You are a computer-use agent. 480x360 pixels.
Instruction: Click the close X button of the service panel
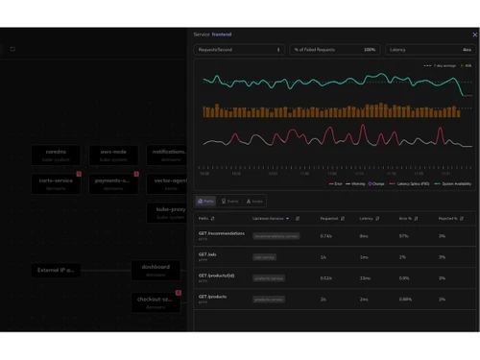pyautogui.click(x=474, y=35)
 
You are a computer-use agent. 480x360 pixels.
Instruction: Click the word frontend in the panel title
pyautogui.click(x=222, y=35)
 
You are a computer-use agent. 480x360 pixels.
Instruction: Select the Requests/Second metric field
pyautogui.click(x=239, y=49)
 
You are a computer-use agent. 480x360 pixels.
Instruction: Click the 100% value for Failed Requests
pyautogui.click(x=370, y=49)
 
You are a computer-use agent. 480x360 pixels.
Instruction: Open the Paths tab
pyautogui.click(x=206, y=202)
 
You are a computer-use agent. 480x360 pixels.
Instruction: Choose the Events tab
pyautogui.click(x=230, y=202)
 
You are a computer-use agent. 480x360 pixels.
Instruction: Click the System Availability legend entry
pyautogui.click(x=452, y=183)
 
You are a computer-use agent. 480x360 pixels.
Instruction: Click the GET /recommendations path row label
pyautogui.click(x=222, y=233)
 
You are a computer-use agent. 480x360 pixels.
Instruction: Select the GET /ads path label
pyautogui.click(x=208, y=254)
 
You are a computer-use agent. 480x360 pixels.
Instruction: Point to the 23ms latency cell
pyautogui.click(x=365, y=277)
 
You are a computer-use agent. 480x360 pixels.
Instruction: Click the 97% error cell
pyautogui.click(x=403, y=235)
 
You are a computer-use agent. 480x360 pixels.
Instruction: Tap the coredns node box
pyautogui.click(x=56, y=155)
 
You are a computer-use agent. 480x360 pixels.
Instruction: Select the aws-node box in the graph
pyautogui.click(x=113, y=155)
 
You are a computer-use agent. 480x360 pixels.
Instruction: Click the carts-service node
pyautogui.click(x=56, y=183)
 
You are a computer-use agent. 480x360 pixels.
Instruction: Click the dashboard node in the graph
pyautogui.click(x=156, y=270)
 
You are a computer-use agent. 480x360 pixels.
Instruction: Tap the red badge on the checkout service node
pyautogui.click(x=179, y=293)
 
